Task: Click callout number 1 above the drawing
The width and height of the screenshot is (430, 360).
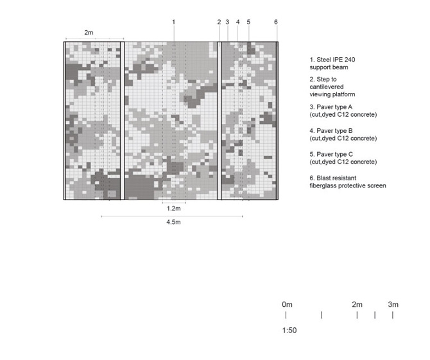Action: pos(173,22)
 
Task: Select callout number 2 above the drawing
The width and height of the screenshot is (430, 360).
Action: pos(219,22)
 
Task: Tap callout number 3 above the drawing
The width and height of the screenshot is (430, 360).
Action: pos(227,22)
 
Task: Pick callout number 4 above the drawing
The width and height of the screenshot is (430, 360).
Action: pos(237,22)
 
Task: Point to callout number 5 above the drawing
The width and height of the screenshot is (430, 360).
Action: pos(248,22)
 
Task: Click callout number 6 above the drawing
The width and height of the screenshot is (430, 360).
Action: pos(276,22)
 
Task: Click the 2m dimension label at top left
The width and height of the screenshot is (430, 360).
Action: pos(89,31)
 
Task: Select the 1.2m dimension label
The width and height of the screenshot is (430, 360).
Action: pos(173,209)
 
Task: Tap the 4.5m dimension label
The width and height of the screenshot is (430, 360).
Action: pos(173,223)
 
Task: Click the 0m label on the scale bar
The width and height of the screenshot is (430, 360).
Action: pos(287,304)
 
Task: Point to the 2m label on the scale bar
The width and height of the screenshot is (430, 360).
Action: pos(357,304)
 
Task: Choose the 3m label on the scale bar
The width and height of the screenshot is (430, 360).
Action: pos(393,304)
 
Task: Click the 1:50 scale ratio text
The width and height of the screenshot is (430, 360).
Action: pos(289,330)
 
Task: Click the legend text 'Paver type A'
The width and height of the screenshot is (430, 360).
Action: pos(331,107)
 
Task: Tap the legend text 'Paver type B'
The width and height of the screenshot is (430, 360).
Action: pos(331,131)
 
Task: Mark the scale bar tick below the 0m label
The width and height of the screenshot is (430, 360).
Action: pos(286,315)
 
